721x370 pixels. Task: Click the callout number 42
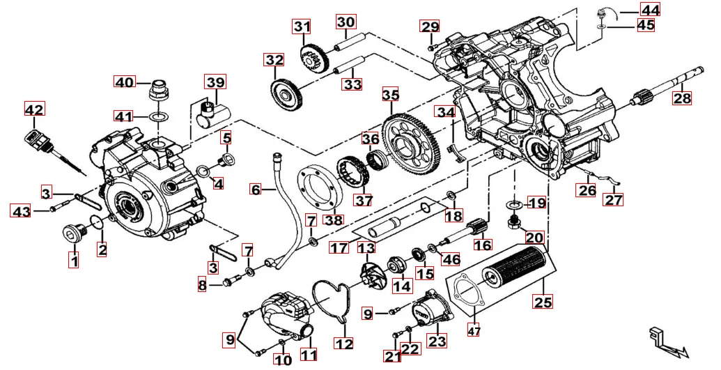pyautogui.click(x=33, y=109)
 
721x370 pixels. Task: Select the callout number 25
pyautogui.click(x=543, y=302)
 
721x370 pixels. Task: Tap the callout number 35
pyautogui.click(x=390, y=94)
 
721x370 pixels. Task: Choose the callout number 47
pyautogui.click(x=474, y=332)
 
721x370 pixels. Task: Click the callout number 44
pyautogui.click(x=650, y=10)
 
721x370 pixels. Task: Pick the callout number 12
pyautogui.click(x=343, y=343)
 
